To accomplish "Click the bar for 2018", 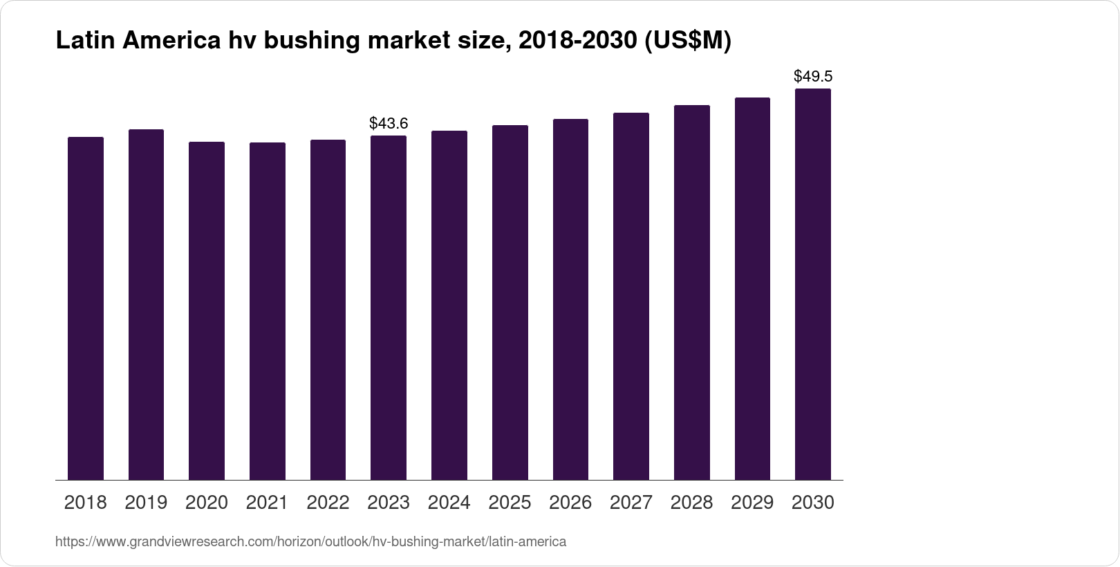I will pos(86,308).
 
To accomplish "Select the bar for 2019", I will pos(146,304).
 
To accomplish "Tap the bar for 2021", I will pos(268,311).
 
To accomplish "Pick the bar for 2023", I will pos(389,308).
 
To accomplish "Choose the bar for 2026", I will pos(570,299).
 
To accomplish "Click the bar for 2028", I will pos(692,292).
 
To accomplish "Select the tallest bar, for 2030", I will pos(813,284).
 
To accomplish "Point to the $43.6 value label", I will pos(389,124).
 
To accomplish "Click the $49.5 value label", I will pos(813,76).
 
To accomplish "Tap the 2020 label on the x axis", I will pos(207,503).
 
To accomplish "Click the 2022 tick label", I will pos(328,503).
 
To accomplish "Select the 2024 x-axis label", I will pos(449,503).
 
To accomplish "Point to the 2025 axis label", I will pos(510,503).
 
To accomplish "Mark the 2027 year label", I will pos(631,503).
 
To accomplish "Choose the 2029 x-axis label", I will pos(752,503).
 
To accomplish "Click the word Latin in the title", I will pos(85,41).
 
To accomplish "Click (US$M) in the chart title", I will pos(687,41).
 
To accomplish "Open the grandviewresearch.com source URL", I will pos(310,542).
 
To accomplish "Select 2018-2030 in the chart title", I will pos(577,41).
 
